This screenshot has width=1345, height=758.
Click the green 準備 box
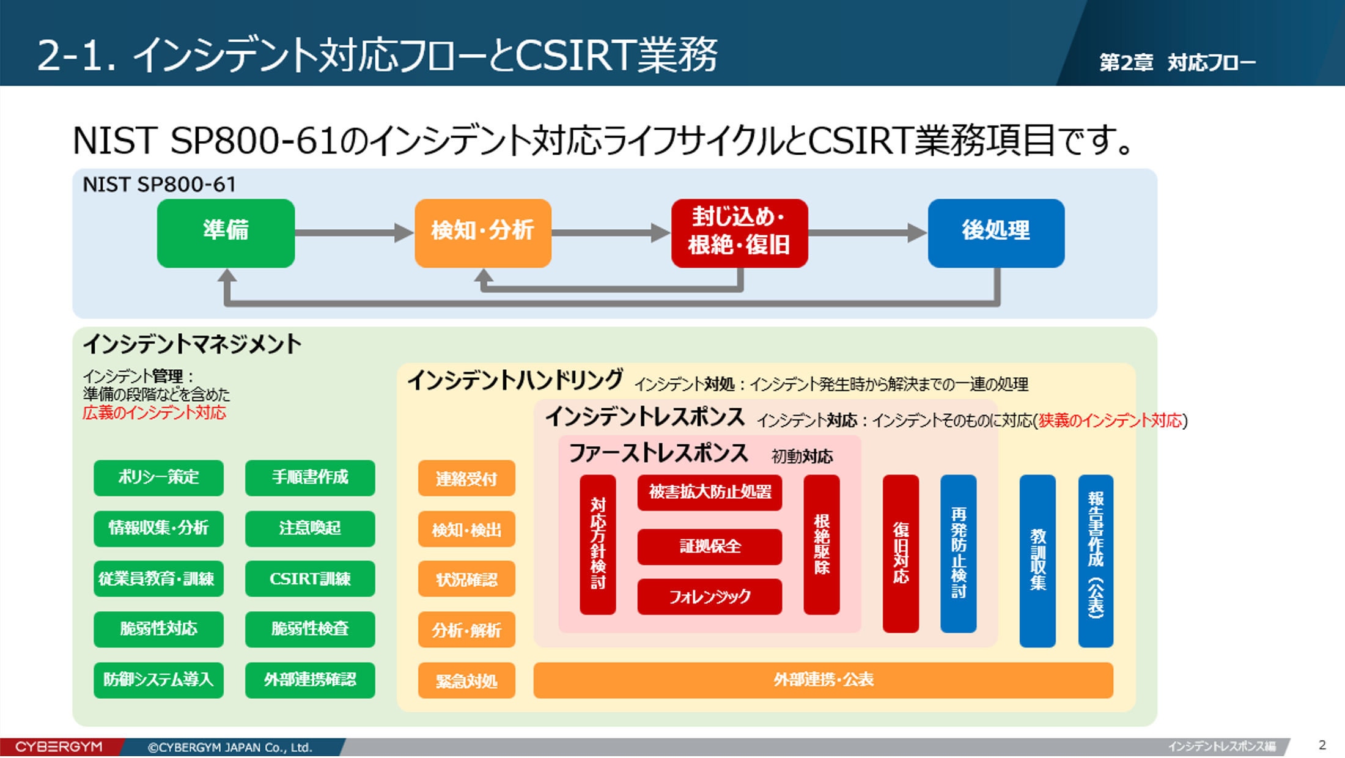click(x=226, y=233)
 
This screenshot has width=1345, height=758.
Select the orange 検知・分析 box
click(x=483, y=233)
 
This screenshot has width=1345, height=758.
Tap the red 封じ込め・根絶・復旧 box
click(x=740, y=233)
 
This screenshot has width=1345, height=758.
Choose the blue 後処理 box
click(x=997, y=233)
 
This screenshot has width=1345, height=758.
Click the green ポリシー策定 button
click(x=158, y=477)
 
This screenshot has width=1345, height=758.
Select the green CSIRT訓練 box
click(x=310, y=578)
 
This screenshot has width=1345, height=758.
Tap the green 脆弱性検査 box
click(x=310, y=629)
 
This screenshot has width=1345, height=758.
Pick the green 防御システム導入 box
click(x=158, y=680)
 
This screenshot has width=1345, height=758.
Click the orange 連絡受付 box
click(x=466, y=478)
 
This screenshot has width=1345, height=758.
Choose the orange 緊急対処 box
click(x=466, y=680)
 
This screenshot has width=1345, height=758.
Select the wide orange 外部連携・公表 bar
click(x=824, y=680)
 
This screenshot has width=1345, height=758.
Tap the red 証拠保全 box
click(x=710, y=546)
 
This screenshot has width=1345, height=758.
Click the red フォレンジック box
click(x=710, y=597)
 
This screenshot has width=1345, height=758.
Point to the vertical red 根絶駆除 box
click(x=822, y=545)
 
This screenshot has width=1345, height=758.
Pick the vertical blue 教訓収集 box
click(x=1037, y=561)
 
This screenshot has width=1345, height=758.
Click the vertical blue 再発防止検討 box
click(x=959, y=554)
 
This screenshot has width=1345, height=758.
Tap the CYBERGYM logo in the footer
click(x=59, y=747)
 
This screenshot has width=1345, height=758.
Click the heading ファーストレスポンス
click(x=658, y=454)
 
